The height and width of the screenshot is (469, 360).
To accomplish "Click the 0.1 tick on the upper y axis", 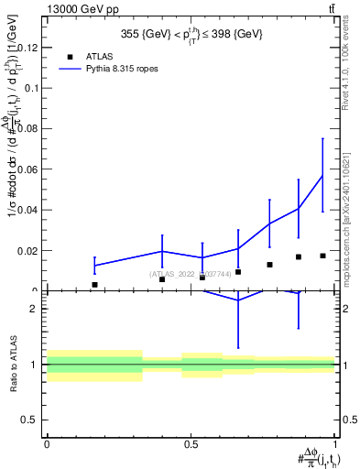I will point(32,89).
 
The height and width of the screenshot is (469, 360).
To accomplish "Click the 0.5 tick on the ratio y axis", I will point(31,420).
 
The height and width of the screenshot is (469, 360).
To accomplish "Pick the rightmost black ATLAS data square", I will point(322,256).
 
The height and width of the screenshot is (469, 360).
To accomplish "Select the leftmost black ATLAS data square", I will point(94,285).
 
